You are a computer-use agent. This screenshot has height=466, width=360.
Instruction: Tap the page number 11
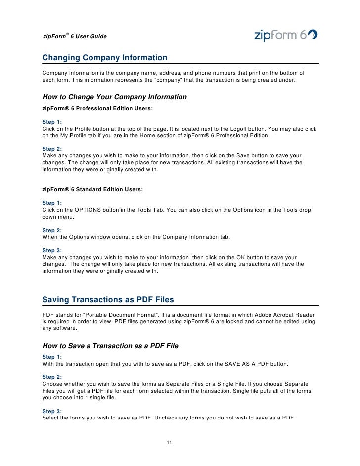169,442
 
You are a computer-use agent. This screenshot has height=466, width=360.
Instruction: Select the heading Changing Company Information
105,58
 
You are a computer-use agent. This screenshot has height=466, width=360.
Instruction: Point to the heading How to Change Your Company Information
114,97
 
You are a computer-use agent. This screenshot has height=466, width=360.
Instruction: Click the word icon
252,210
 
